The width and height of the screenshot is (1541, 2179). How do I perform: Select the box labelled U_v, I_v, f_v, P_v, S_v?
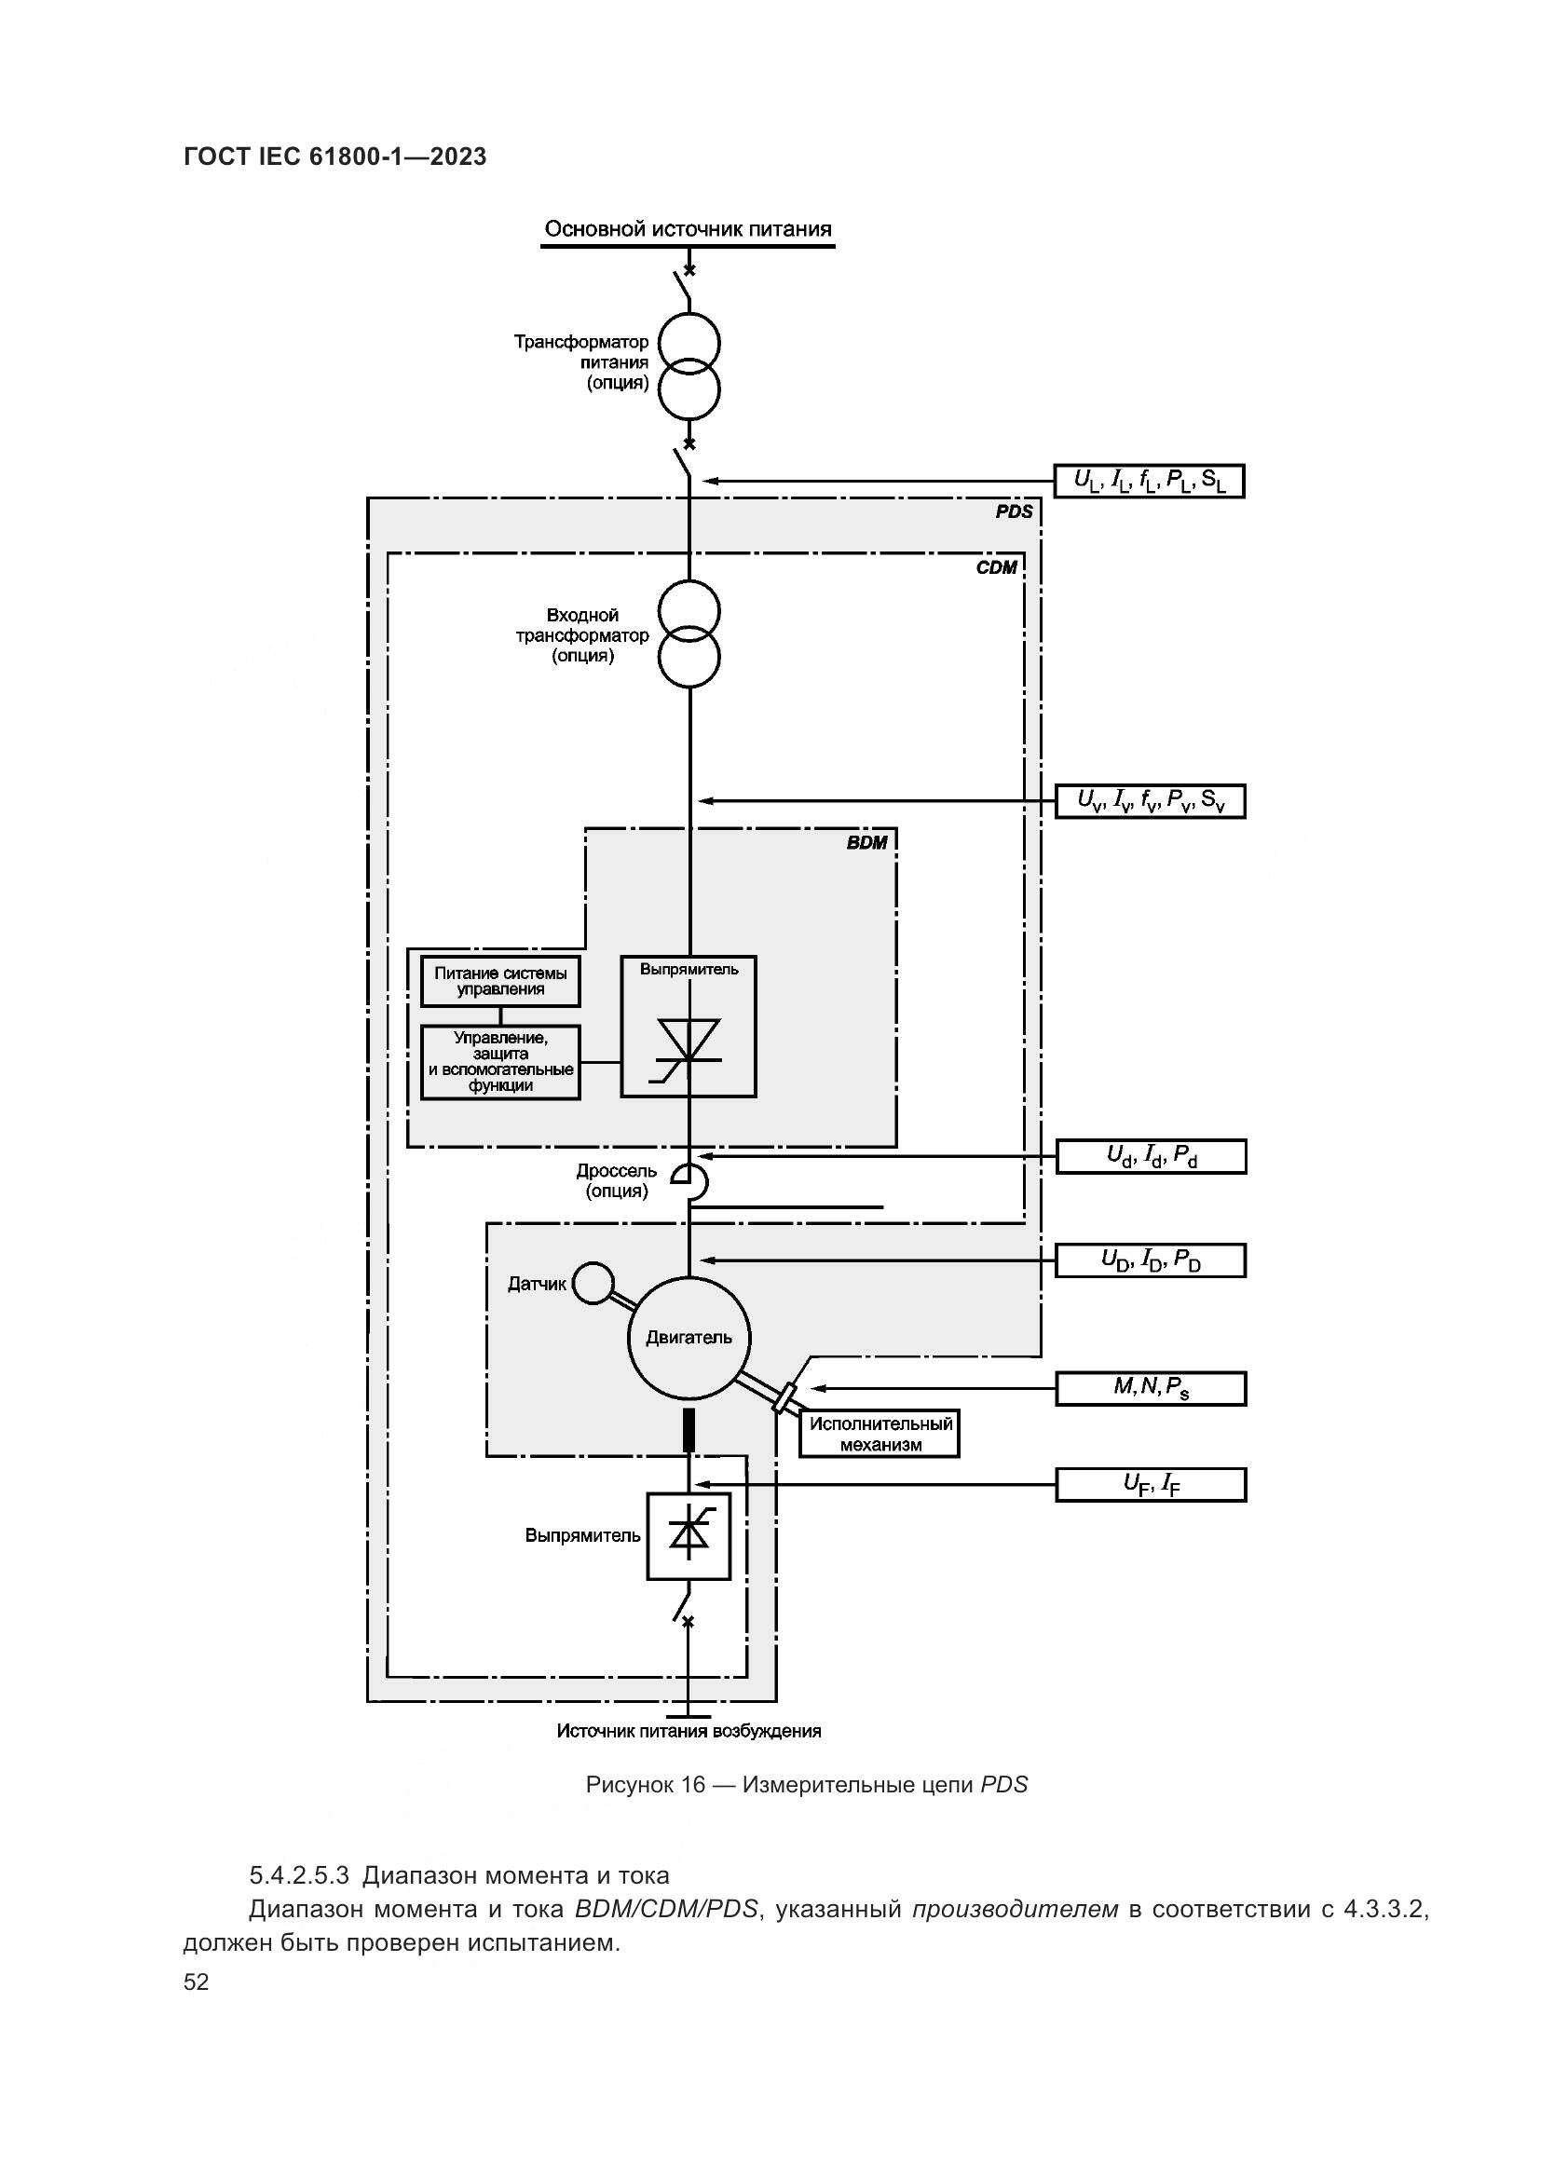pos(1150,801)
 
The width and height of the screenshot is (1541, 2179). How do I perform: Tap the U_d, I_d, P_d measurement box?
pos(1150,1156)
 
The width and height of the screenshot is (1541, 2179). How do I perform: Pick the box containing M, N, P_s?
pos(1150,1388)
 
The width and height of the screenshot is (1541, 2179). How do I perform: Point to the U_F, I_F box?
pos(1150,1484)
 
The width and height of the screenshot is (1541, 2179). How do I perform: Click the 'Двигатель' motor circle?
pos(689,1337)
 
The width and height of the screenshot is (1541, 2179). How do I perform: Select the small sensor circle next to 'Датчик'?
pos(594,1283)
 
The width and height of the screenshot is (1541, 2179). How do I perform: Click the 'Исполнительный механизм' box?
pos(879,1434)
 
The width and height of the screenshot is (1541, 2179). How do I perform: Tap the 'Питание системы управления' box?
pos(500,980)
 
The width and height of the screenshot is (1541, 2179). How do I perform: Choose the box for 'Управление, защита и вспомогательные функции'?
pos(500,1062)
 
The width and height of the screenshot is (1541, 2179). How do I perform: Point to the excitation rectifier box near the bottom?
pos(689,1535)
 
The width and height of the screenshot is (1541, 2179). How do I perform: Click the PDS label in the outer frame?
pos(1014,511)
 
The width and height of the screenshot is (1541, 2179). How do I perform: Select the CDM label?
pos(996,567)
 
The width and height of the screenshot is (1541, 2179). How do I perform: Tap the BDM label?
pos(866,843)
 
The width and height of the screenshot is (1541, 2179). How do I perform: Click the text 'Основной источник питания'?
pos(688,229)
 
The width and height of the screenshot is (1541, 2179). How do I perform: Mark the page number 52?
pos(196,1982)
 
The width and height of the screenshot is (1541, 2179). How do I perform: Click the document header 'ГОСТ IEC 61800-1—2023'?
pos(335,157)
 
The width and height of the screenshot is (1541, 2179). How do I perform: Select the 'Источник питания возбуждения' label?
pos(688,1731)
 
